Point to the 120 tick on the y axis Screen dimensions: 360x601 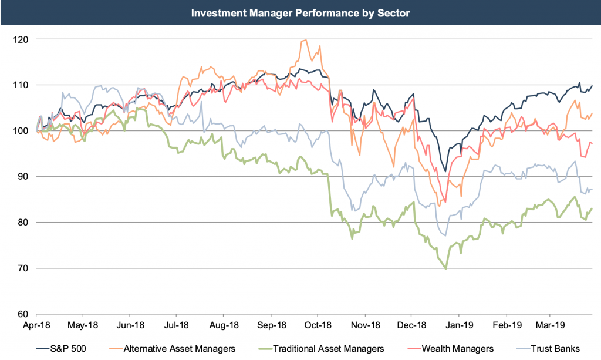[24, 39]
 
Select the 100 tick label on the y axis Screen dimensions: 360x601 [24, 130]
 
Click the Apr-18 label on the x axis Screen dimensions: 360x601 [36, 324]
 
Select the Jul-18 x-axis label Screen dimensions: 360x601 [176, 324]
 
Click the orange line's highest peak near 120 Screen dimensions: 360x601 [305, 40]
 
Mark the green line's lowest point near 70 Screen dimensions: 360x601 [446, 268]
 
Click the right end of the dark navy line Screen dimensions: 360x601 [592, 86]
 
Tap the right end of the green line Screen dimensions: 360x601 [592, 208]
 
